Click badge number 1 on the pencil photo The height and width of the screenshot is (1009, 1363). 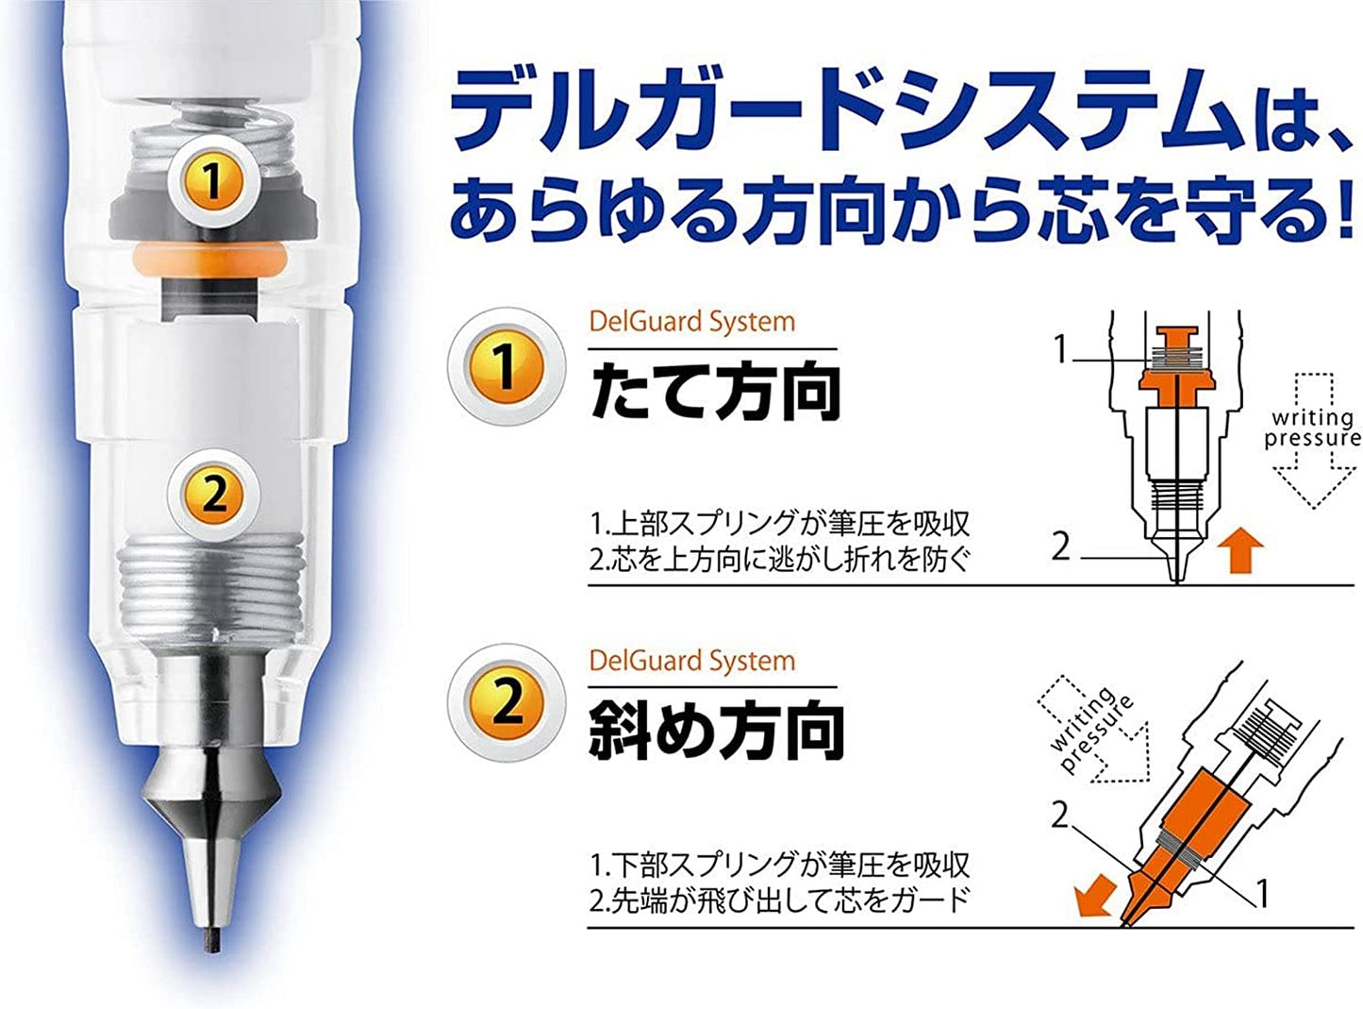(x=211, y=180)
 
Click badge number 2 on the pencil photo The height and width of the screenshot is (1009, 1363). (x=211, y=495)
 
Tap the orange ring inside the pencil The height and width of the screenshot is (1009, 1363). (x=209, y=259)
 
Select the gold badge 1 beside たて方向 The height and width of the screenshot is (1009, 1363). (x=506, y=367)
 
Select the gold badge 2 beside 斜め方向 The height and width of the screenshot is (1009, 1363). (x=506, y=702)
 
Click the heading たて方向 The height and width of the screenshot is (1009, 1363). (x=715, y=391)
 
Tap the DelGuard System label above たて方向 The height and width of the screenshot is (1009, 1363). (x=692, y=322)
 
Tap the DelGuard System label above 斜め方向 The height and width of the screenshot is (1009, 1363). (x=692, y=661)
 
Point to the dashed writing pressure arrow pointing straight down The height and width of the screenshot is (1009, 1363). (x=1313, y=440)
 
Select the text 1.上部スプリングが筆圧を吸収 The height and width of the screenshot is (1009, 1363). (x=779, y=524)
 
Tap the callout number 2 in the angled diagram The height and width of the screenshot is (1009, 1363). (x=1059, y=816)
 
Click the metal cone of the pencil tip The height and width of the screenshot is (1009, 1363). (x=212, y=799)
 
